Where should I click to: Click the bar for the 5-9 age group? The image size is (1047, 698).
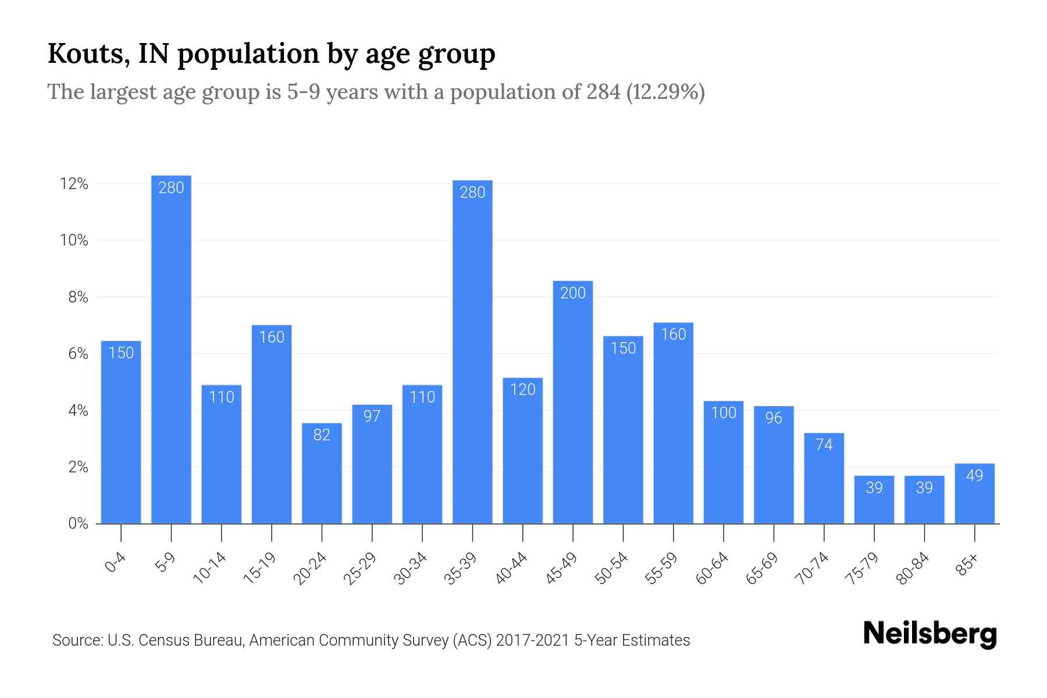[171, 349]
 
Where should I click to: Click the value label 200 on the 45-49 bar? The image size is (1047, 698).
[573, 293]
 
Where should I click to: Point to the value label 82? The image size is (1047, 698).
[322, 435]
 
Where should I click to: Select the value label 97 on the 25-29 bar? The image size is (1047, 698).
[372, 416]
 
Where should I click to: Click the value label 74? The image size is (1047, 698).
[824, 445]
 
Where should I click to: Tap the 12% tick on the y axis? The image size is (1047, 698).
[74, 184]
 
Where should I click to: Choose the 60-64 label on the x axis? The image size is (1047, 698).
[712, 568]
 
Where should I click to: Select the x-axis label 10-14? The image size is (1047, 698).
[210, 568]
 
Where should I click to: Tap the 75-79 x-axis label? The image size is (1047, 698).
[863, 568]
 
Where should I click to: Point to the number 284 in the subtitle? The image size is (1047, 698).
[603, 92]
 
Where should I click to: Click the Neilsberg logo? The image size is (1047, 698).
[930, 633]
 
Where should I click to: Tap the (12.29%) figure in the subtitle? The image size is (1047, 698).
[665, 92]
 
